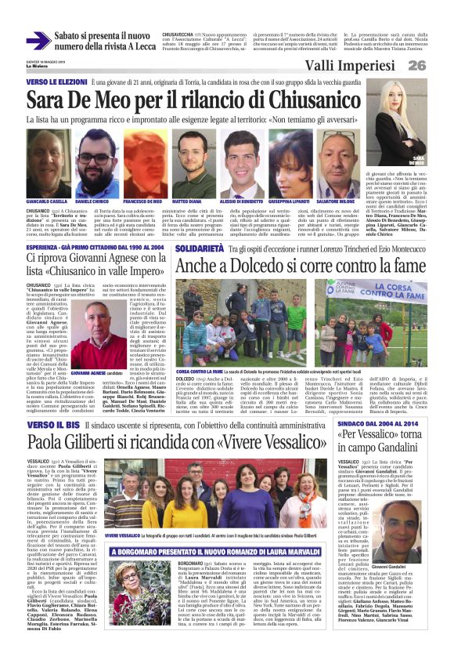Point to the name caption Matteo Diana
pos(187,201)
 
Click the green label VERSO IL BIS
pos(52,422)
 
